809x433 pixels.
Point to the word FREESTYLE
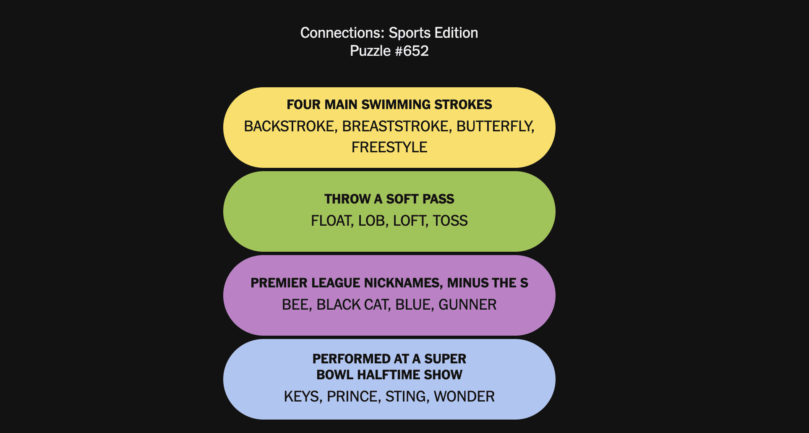389,147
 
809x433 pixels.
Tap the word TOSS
450,221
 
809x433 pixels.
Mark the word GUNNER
467,305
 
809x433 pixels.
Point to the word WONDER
464,396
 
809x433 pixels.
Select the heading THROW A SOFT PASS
389,199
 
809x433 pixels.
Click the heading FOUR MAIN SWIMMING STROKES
389,104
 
